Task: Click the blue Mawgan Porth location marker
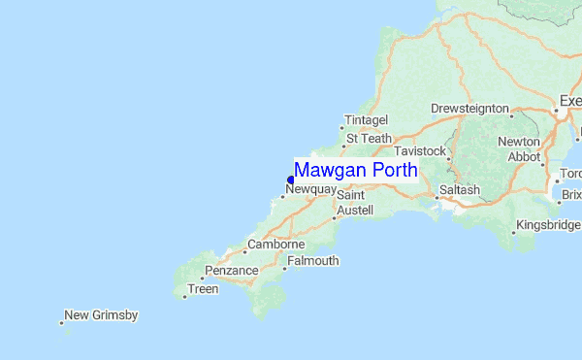pyautogui.click(x=290, y=180)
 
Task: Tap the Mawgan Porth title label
pyautogui.click(x=356, y=170)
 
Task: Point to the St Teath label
pyautogui.click(x=368, y=139)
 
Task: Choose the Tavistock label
pyautogui.click(x=420, y=152)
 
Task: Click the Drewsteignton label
pyautogui.click(x=469, y=107)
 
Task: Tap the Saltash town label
pyautogui.click(x=459, y=190)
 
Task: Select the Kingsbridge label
pyautogui.click(x=549, y=225)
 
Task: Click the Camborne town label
pyautogui.click(x=276, y=245)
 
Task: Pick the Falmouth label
pyautogui.click(x=313, y=261)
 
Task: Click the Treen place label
pyautogui.click(x=203, y=289)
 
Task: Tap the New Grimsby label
pyautogui.click(x=101, y=315)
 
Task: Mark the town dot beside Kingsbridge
pyautogui.click(x=513, y=233)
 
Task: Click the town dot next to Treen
pyautogui.click(x=183, y=297)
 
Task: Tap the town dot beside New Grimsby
pyautogui.click(x=61, y=323)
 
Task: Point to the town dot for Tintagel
pyautogui.click(x=342, y=128)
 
